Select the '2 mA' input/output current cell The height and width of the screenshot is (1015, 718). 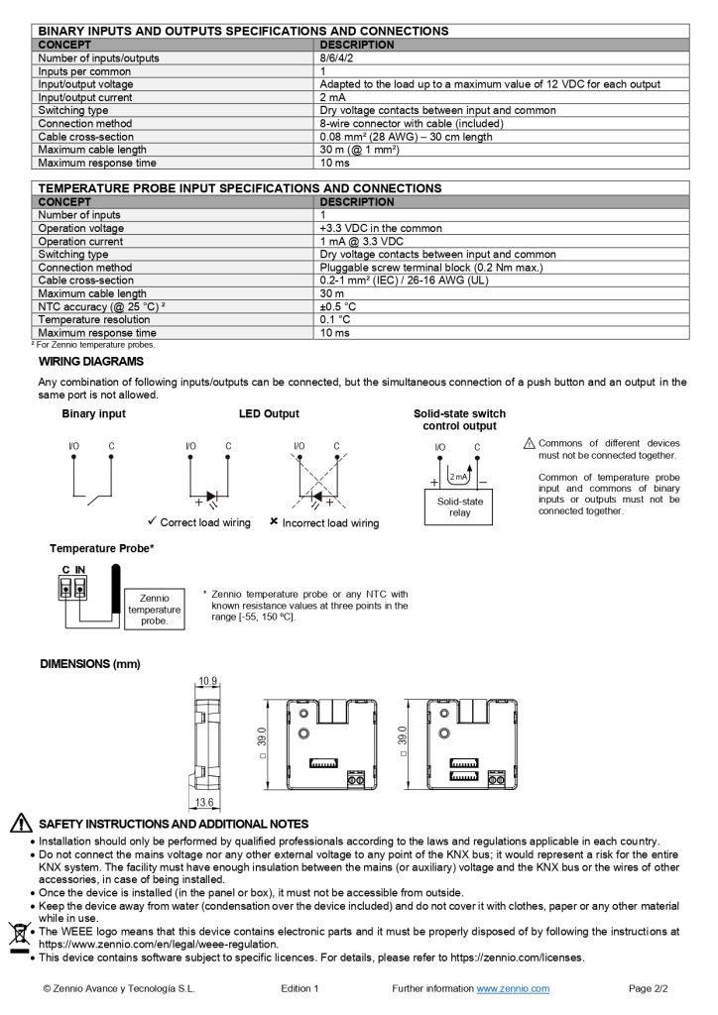tap(332, 97)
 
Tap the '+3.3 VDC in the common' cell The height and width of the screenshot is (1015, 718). tap(381, 228)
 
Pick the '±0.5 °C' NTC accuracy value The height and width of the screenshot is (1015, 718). tap(338, 306)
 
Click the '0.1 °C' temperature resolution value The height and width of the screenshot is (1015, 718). tap(335, 319)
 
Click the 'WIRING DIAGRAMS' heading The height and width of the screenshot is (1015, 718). tap(91, 362)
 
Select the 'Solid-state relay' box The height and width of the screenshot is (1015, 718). tap(459, 507)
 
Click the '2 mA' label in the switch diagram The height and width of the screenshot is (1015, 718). tap(458, 477)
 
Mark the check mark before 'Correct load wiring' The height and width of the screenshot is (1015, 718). tap(152, 521)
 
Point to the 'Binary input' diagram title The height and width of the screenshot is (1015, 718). tap(93, 414)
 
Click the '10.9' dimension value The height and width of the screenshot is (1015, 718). tap(207, 681)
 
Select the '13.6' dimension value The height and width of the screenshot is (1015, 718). tap(204, 803)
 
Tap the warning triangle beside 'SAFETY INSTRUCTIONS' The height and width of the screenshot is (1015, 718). tap(20, 824)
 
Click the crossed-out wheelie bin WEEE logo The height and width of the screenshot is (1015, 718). tap(19, 935)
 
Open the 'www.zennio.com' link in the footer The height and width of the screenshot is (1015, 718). tap(513, 988)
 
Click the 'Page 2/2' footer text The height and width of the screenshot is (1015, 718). tap(649, 988)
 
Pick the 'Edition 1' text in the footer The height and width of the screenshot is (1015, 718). tap(299, 988)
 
